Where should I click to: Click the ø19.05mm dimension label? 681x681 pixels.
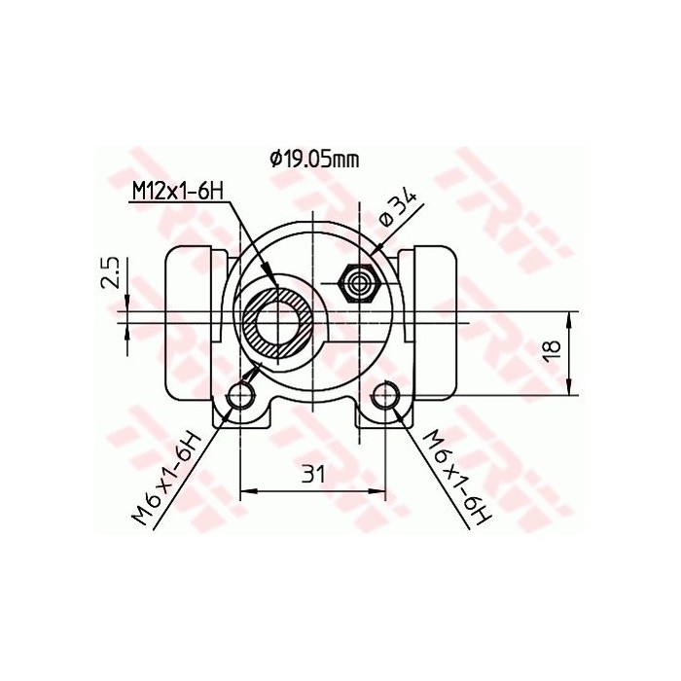point(308,159)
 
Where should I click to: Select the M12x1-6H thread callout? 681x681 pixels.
point(176,192)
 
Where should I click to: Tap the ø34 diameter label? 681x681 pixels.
point(399,209)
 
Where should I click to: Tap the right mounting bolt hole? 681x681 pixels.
point(385,396)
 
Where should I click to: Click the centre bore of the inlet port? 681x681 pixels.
point(279,323)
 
